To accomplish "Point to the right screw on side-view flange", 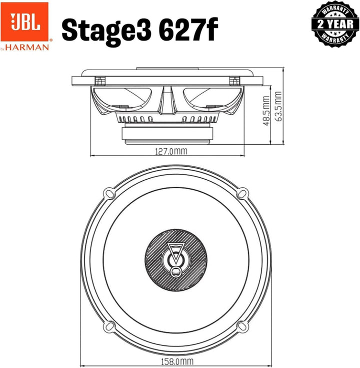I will (x=232, y=80).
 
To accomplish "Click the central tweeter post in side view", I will (x=166, y=100).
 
